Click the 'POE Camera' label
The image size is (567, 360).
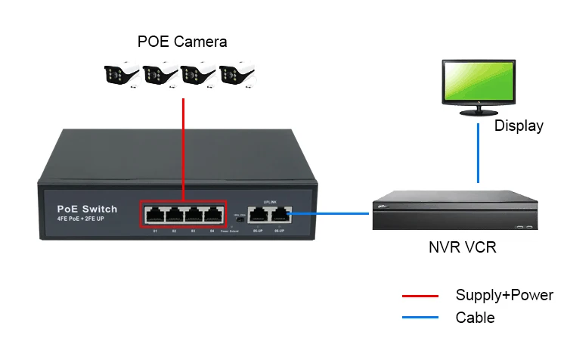182,41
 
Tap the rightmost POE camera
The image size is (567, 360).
238,75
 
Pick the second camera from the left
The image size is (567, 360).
161,75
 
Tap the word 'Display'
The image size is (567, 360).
519,126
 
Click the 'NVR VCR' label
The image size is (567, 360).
460,247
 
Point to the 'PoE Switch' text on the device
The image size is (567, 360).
87,209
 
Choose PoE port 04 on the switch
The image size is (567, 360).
212,214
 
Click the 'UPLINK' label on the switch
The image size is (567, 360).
269,201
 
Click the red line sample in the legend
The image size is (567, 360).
420,296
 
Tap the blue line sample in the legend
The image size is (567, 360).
420,318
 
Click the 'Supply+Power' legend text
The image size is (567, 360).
504,296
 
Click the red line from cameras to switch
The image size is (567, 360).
183,144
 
